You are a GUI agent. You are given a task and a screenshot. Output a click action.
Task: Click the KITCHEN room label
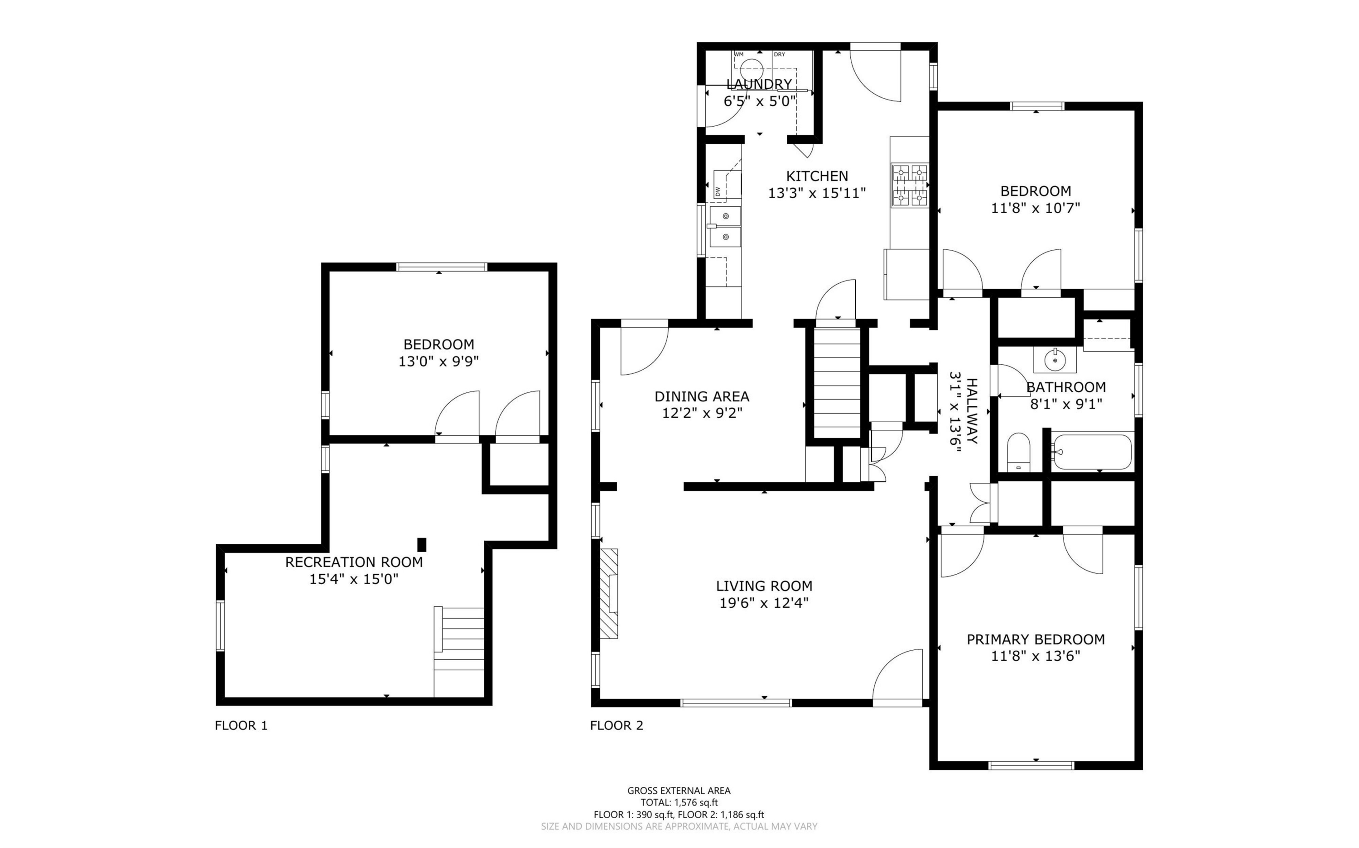pos(817,176)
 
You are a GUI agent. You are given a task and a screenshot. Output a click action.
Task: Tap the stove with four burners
pos(909,185)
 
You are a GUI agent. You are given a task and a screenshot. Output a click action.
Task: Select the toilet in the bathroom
pos(1018,452)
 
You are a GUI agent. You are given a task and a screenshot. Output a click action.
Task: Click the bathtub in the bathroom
pos(1092,452)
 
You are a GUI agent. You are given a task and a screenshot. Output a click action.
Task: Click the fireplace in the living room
pos(609,593)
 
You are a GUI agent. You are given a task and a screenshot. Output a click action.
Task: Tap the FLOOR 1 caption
pos(241,725)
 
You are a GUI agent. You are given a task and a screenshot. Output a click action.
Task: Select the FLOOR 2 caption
pos(617,725)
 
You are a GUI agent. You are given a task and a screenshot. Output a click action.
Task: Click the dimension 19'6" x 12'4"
pos(764,603)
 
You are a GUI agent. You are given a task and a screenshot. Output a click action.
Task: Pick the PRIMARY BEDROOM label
pos(1036,639)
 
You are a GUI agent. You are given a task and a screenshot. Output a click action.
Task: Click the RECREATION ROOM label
pos(354,562)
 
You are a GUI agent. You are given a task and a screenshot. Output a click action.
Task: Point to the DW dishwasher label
pos(718,191)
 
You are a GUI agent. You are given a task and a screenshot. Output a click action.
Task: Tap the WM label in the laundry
pos(739,54)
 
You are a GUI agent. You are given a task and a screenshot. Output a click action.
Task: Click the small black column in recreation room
pos(422,544)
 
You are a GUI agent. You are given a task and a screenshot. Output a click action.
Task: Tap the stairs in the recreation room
pos(458,652)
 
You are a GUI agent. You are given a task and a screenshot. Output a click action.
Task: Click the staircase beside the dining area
pos(837,383)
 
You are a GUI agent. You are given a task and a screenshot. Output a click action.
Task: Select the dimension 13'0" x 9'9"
pos(439,362)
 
